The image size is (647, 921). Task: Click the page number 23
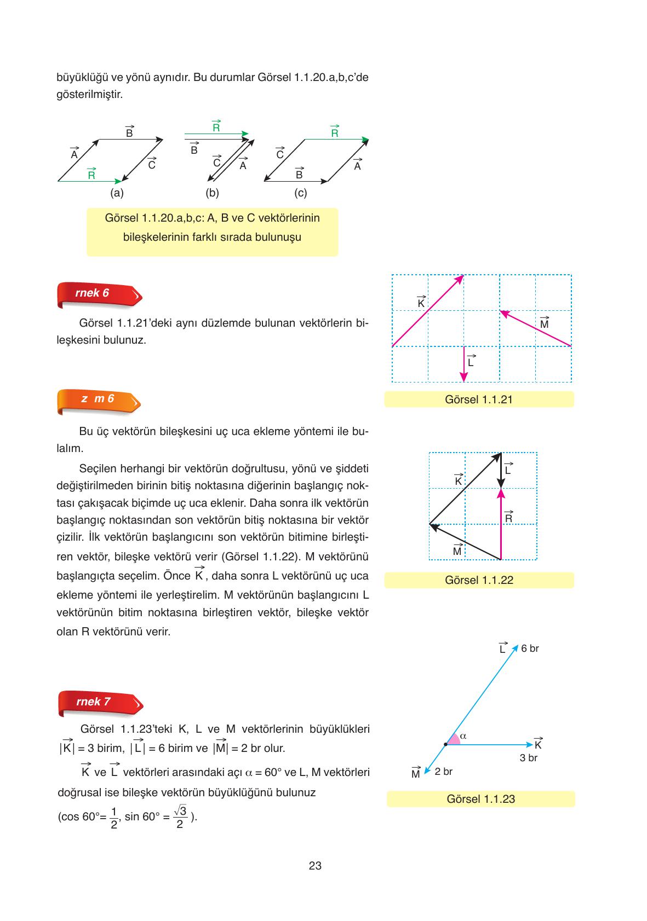point(315,866)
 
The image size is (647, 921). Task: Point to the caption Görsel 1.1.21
point(479,399)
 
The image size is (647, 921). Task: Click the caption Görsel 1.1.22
point(479,580)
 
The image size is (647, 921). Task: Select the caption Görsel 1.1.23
point(480,799)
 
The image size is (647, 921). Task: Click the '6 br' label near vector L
point(530,648)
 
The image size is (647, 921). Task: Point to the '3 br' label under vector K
point(528,758)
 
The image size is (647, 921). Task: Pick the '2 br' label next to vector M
point(443,772)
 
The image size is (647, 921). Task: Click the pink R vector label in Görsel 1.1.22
point(508,518)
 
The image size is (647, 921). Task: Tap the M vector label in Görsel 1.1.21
point(544,323)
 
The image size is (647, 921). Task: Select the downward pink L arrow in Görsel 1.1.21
point(464,364)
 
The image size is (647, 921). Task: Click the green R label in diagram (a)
point(91,175)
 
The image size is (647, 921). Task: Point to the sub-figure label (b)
point(212,193)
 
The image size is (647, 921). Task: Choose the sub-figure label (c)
point(300,193)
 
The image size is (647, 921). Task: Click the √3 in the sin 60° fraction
point(180,810)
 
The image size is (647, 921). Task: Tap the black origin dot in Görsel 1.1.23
point(445,744)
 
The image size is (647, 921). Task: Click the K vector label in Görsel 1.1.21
point(421,302)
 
